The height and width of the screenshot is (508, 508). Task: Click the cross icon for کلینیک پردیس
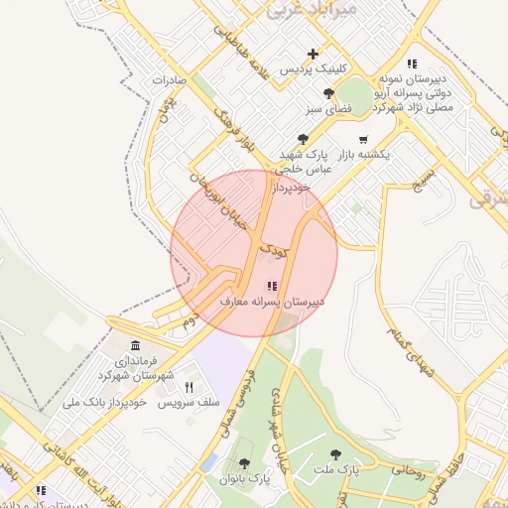[x=314, y=54]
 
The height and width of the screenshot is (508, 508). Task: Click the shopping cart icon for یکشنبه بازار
[x=363, y=139]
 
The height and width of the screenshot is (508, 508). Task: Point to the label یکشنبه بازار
[x=361, y=155]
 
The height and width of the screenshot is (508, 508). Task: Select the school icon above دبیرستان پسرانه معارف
[x=273, y=286]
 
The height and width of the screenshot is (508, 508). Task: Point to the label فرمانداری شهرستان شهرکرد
[x=137, y=367]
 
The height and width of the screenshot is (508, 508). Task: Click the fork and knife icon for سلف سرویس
[x=189, y=388]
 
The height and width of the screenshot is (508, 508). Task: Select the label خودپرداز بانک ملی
[x=105, y=403]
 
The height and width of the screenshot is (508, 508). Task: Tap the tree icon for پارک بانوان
[x=245, y=463]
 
